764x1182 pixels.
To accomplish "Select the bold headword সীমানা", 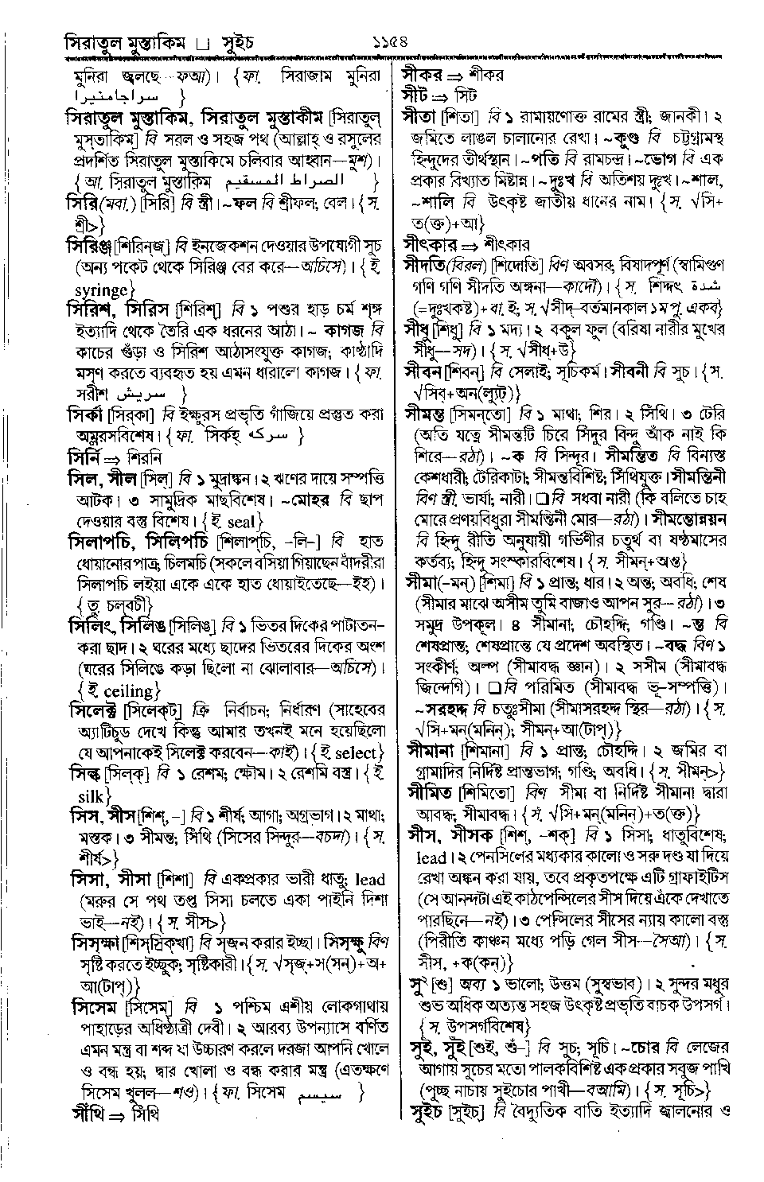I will point(428,750).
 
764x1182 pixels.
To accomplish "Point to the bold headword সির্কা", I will point(87,414).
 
